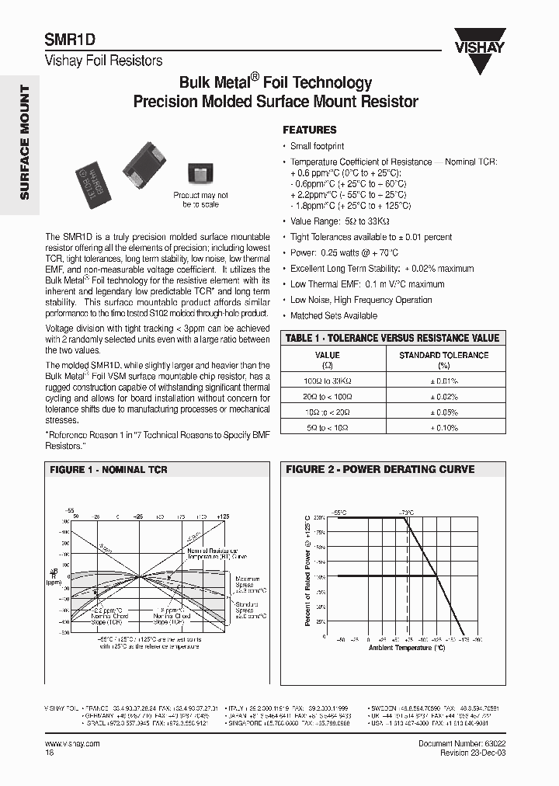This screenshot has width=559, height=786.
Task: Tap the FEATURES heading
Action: coord(309,130)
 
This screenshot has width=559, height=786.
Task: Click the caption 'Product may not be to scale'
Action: coord(200,200)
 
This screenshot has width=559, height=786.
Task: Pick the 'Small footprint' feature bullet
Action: coord(317,146)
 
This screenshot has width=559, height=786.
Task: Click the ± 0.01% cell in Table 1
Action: coord(443,381)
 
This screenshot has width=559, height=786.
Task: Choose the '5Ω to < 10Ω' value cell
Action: coord(327,428)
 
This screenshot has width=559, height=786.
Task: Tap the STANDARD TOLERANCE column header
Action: coord(443,359)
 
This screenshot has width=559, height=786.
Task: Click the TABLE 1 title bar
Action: coord(392,338)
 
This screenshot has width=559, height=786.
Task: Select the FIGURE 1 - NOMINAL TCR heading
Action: coord(109,470)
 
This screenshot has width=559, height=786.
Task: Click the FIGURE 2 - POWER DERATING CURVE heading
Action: coord(380,470)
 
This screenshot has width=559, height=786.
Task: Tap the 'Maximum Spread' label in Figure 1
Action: coord(247,583)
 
